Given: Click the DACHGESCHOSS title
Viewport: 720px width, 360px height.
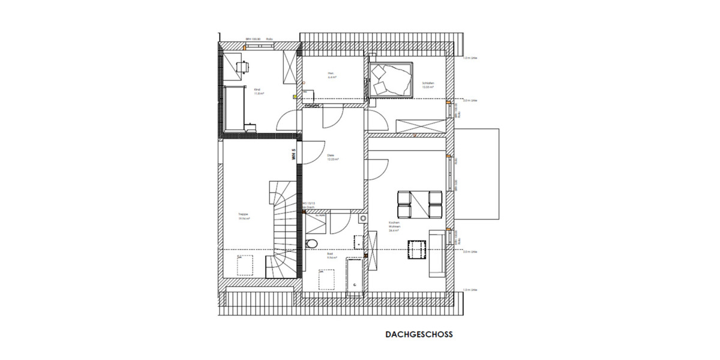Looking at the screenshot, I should coord(419,335).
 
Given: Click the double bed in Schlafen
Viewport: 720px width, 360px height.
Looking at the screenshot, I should coord(391,79).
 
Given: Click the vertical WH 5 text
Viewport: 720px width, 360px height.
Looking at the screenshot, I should coord(294,154).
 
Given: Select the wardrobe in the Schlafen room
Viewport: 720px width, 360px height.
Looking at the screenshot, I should coord(421,127).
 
